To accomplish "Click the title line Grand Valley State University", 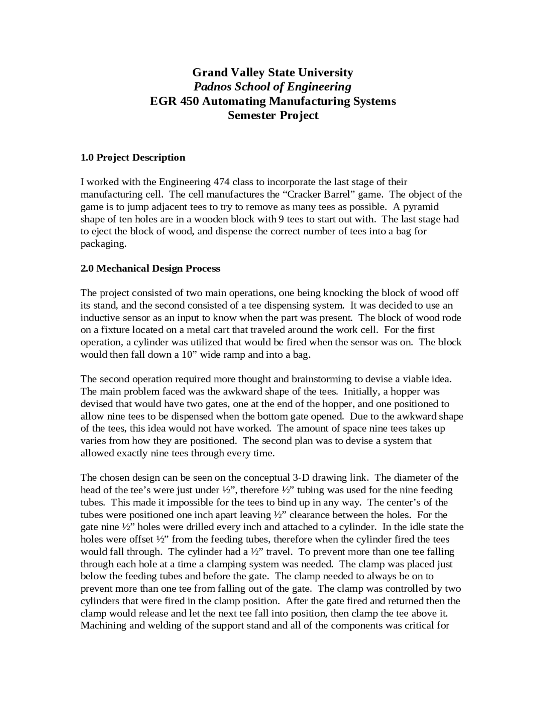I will [273, 72].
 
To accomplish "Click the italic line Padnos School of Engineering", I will [273, 87].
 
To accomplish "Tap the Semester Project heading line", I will [273, 115].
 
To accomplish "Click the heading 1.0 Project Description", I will [133, 158].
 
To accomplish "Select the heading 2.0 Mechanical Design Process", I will [150, 269].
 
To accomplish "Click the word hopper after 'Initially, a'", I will [411, 392].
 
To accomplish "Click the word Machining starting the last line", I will [102, 626].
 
